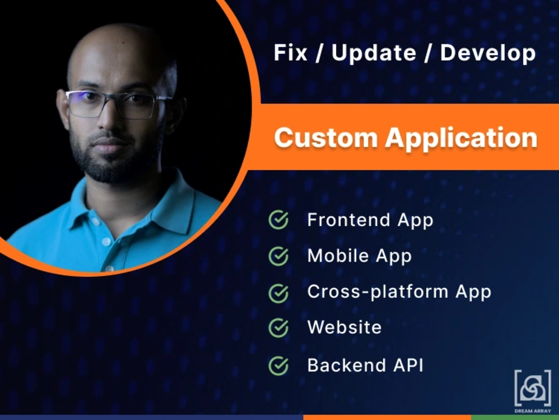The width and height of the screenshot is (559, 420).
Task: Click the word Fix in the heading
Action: point(291,53)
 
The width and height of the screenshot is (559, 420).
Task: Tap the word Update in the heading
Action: point(373,53)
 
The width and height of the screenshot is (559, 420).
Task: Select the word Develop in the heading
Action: point(487,53)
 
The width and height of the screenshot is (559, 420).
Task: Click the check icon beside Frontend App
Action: point(278,220)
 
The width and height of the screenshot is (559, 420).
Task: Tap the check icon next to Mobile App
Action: point(278,256)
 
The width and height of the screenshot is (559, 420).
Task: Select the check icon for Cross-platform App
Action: point(278,292)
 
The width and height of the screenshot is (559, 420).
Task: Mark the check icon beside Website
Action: point(278,328)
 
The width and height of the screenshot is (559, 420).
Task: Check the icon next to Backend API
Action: point(278,366)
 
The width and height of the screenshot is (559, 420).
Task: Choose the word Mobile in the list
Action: point(338,256)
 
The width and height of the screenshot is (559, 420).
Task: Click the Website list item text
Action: point(344,327)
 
